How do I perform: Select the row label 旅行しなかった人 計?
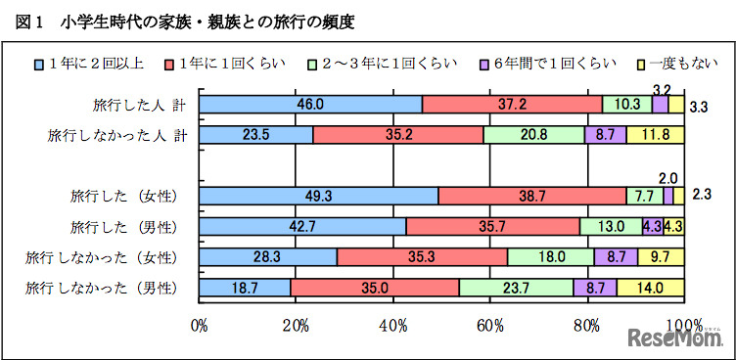[113, 135]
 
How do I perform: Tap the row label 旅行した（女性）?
[123, 197]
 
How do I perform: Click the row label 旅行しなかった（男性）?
[102, 288]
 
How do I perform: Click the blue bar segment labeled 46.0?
[310, 105]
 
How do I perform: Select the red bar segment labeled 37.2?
[512, 105]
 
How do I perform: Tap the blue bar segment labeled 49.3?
[318, 197]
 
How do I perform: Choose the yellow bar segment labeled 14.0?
[650, 288]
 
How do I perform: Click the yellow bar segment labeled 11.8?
[655, 135]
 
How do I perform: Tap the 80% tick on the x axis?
[586, 325]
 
